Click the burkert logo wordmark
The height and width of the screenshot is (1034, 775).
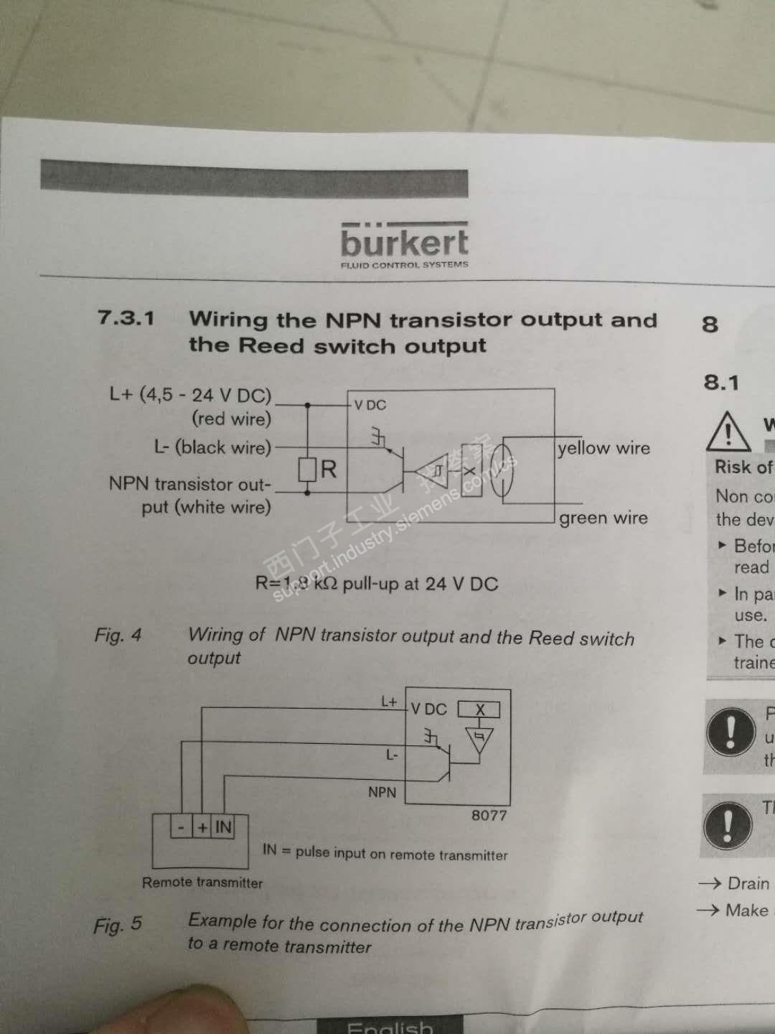pyautogui.click(x=404, y=243)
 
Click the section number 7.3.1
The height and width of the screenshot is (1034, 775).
pyautogui.click(x=126, y=317)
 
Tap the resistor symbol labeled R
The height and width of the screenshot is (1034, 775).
pyautogui.click(x=307, y=470)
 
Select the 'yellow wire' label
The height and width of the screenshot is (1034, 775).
pyautogui.click(x=603, y=448)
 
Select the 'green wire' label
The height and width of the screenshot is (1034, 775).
pyautogui.click(x=603, y=518)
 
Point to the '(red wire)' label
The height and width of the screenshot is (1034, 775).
pyautogui.click(x=231, y=419)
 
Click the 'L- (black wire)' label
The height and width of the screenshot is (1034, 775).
pyautogui.click(x=212, y=447)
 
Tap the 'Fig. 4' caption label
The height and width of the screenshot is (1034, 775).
pyautogui.click(x=118, y=635)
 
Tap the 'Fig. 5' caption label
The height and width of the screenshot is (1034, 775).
pyautogui.click(x=118, y=925)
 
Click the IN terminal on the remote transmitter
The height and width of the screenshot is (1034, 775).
pyautogui.click(x=223, y=827)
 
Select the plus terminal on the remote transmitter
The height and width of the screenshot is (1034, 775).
pyautogui.click(x=203, y=827)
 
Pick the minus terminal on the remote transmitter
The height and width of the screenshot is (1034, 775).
pyautogui.click(x=182, y=827)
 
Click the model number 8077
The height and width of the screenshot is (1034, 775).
pyautogui.click(x=489, y=816)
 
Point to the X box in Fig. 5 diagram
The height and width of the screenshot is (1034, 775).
pyautogui.click(x=480, y=709)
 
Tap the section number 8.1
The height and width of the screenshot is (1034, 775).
pyautogui.click(x=720, y=382)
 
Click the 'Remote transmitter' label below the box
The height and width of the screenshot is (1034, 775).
pyautogui.click(x=202, y=882)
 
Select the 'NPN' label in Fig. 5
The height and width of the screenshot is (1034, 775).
pyautogui.click(x=382, y=792)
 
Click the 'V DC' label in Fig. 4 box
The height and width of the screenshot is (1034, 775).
pyautogui.click(x=370, y=405)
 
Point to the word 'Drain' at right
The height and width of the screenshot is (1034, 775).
pyautogui.click(x=748, y=883)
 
